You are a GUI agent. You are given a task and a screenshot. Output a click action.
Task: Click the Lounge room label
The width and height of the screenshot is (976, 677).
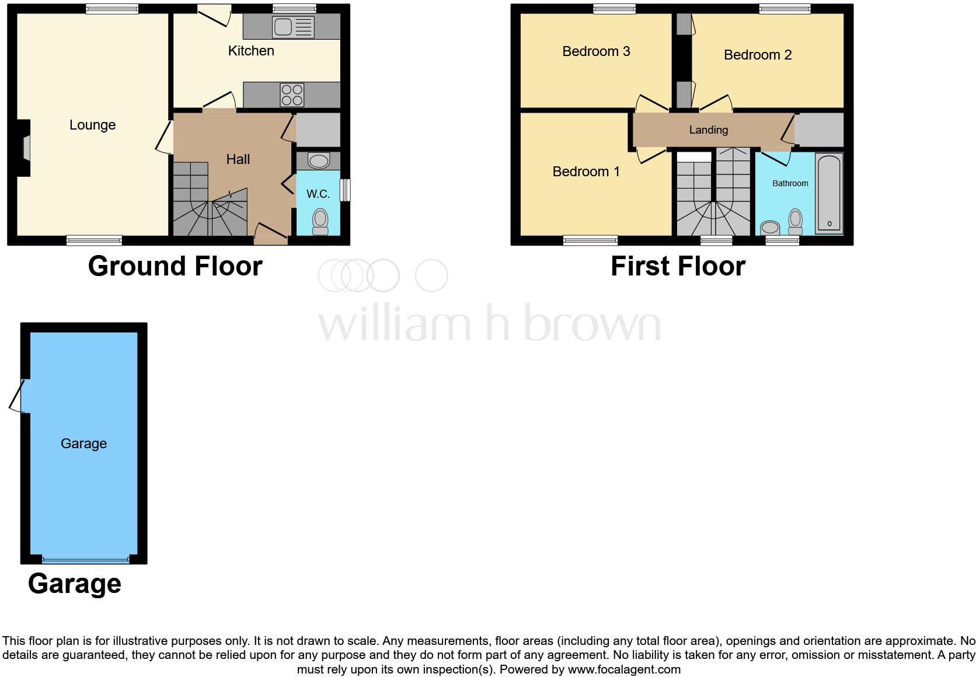(92, 125)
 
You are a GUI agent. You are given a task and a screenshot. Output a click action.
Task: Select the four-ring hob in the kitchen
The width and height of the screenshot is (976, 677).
(292, 95)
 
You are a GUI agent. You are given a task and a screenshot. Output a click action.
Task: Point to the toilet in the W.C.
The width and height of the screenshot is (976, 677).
(320, 221)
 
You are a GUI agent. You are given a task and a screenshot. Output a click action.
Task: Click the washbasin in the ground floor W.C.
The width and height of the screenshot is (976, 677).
(318, 160)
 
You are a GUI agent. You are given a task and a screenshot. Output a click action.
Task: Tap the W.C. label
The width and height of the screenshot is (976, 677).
(318, 194)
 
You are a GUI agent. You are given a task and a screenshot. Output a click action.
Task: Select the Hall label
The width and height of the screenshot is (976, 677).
(238, 159)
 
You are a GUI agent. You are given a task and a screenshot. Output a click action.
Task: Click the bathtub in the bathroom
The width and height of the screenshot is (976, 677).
(829, 193)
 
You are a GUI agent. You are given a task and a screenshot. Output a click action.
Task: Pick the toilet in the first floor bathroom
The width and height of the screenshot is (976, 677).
(795, 221)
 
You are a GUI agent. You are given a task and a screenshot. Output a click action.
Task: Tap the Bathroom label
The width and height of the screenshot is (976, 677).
(790, 183)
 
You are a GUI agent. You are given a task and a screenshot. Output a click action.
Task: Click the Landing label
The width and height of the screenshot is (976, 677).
(708, 130)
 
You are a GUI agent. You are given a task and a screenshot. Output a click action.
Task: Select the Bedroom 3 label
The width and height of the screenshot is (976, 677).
(596, 51)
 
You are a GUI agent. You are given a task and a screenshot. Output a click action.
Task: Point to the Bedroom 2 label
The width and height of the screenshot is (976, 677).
(758, 55)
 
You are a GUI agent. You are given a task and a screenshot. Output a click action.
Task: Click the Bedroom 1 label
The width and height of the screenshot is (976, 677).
(586, 172)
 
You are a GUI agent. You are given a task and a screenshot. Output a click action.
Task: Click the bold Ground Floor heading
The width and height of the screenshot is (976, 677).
(175, 266)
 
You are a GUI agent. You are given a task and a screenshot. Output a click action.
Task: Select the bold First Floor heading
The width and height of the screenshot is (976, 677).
(678, 266)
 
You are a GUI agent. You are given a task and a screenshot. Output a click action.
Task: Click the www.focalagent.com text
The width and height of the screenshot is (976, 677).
(624, 669)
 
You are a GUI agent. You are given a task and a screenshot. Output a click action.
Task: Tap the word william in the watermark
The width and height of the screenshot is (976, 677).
(394, 324)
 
